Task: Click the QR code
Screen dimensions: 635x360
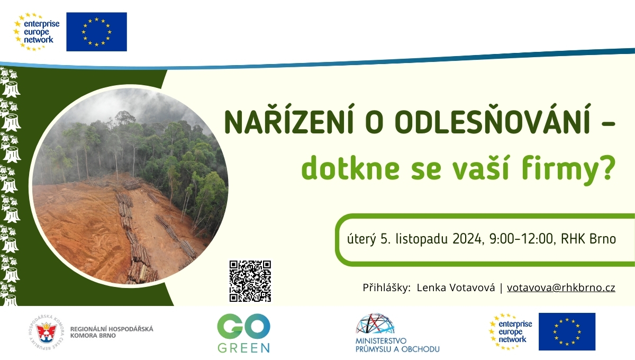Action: click(x=250, y=281)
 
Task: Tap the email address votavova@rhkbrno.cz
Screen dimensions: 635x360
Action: click(x=561, y=287)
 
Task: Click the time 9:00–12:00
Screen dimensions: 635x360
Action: click(x=521, y=239)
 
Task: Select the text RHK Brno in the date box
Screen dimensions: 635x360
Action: click(x=588, y=239)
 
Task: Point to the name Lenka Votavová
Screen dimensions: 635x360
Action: click(x=456, y=287)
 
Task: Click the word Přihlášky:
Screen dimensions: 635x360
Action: click(x=387, y=287)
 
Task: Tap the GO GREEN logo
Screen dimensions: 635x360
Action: click(x=243, y=333)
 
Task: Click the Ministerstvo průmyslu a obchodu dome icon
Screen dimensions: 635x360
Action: click(x=375, y=323)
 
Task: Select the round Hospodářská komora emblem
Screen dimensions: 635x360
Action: click(x=47, y=332)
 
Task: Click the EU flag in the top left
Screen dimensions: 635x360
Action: click(x=97, y=32)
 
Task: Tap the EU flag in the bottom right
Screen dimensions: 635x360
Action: click(x=567, y=331)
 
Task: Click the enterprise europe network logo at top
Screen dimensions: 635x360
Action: click(x=37, y=32)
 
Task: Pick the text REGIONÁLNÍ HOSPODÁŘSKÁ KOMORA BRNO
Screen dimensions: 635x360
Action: click(x=112, y=332)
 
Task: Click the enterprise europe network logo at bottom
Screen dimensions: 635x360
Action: click(x=511, y=331)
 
